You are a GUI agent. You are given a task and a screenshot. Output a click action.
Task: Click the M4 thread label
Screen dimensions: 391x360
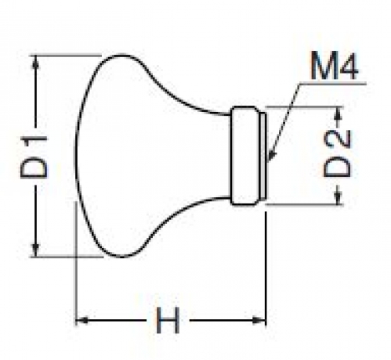[x=334, y=66]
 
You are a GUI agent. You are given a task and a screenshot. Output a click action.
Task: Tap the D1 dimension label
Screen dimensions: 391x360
[x=34, y=157]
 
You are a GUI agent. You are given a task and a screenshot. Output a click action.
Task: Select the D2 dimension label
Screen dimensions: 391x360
[x=337, y=153]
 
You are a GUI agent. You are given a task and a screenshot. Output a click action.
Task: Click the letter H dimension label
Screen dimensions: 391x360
[x=168, y=320]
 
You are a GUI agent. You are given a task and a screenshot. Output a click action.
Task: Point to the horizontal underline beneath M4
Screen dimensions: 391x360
[x=332, y=84]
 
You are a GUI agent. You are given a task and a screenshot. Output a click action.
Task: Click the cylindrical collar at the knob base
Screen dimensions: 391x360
[x=245, y=156]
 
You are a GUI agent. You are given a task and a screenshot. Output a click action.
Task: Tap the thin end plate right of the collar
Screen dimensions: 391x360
[x=263, y=156]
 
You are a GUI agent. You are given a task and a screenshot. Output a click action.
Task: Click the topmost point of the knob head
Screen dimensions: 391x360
[x=121, y=55]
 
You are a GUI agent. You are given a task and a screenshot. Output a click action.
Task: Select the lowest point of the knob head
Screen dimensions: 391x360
[x=121, y=257]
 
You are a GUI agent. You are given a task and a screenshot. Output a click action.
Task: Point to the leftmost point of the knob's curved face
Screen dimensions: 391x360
[x=76, y=156]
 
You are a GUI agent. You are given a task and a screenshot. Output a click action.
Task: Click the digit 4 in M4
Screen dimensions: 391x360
[x=348, y=66]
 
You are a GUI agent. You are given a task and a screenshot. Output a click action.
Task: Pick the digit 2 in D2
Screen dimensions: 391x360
[x=337, y=140]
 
